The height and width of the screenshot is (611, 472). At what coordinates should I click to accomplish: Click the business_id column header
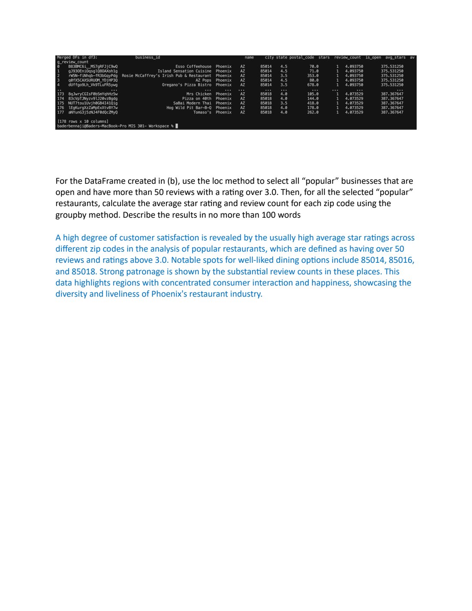[x=147, y=58]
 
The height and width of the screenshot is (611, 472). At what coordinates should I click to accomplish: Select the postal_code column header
[x=302, y=58]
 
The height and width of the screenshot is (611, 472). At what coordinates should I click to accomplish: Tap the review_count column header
[x=348, y=58]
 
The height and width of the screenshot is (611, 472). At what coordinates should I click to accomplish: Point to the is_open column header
[x=373, y=58]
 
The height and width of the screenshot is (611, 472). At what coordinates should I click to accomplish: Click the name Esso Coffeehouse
[x=194, y=67]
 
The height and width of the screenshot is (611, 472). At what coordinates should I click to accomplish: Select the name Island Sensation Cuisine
[x=185, y=71]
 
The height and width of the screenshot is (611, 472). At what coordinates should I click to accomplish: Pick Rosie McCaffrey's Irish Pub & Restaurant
[x=166, y=76]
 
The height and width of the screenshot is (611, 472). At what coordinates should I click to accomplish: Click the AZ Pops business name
[x=203, y=80]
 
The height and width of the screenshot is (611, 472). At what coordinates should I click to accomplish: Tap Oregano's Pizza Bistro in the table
[x=187, y=85]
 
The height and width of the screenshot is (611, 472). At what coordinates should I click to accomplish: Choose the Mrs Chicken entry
[x=199, y=94]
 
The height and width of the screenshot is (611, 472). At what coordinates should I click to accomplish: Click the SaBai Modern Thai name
[x=192, y=103]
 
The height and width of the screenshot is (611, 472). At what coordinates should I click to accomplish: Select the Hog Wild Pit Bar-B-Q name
[x=189, y=108]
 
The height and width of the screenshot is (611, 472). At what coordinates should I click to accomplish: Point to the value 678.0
[x=313, y=85]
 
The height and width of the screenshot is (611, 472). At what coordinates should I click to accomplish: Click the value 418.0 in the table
[x=313, y=103]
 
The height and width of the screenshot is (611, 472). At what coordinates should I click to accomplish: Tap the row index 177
[x=61, y=112]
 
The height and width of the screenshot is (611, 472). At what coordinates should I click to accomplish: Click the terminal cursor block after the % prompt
[x=177, y=126]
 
